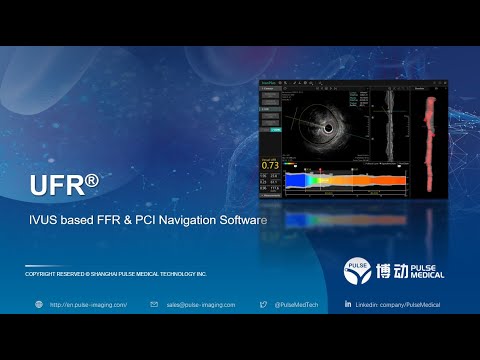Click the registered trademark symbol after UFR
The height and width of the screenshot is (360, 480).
pyautogui.click(x=92, y=180)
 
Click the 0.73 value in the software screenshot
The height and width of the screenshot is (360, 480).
pyautogui.click(x=270, y=165)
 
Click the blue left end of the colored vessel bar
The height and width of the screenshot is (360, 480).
pyautogui.click(x=294, y=179)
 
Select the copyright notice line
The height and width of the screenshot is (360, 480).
pyautogui.click(x=115, y=273)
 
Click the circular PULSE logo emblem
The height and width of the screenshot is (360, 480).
pyautogui.click(x=358, y=270)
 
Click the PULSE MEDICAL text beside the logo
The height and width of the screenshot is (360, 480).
pyautogui.click(x=428, y=270)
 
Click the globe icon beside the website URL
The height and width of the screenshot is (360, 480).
pyautogui.click(x=39, y=304)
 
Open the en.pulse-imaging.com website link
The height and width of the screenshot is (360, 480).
pyautogui.click(x=88, y=304)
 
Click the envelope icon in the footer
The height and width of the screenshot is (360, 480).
pyautogui.click(x=154, y=304)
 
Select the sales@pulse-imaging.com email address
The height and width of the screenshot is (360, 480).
pyautogui.click(x=201, y=304)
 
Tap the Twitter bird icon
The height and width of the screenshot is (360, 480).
pyautogui.click(x=264, y=304)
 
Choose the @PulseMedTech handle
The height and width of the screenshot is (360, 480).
pyautogui.click(x=297, y=304)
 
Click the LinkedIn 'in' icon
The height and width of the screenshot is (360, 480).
pyautogui.click(x=348, y=304)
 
